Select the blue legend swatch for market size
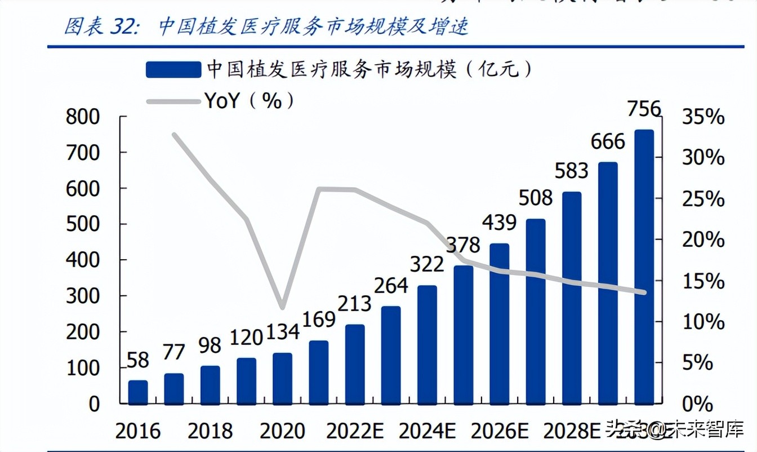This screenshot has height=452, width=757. point(173,69)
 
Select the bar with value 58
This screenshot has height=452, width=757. point(138,392)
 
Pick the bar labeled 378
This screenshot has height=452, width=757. point(463,335)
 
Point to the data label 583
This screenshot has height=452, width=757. point(571,171)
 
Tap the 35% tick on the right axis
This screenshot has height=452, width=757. point(703,117)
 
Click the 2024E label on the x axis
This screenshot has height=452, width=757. point(428,431)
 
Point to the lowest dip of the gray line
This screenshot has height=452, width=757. point(282,308)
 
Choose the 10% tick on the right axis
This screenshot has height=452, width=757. point(703,322)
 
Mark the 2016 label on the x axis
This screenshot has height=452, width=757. point(138,431)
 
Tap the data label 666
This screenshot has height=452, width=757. point(608,141)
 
